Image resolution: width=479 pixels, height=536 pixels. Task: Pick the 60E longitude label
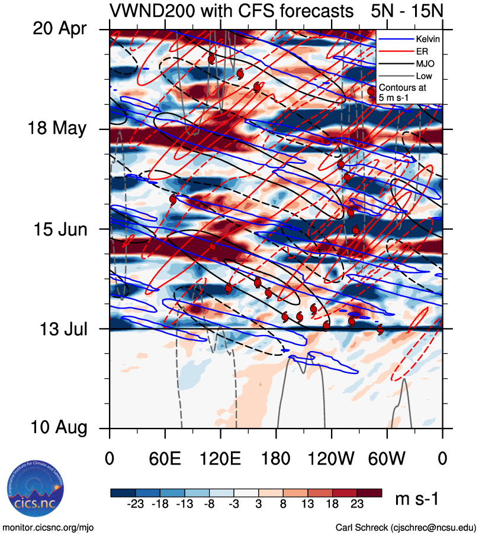click(165, 457)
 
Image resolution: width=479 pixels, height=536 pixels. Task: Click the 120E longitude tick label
click(220, 457)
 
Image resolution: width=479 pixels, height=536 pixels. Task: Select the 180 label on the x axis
click(276, 457)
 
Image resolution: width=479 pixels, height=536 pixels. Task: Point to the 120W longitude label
click(332, 457)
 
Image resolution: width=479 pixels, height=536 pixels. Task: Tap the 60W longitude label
click(387, 457)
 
